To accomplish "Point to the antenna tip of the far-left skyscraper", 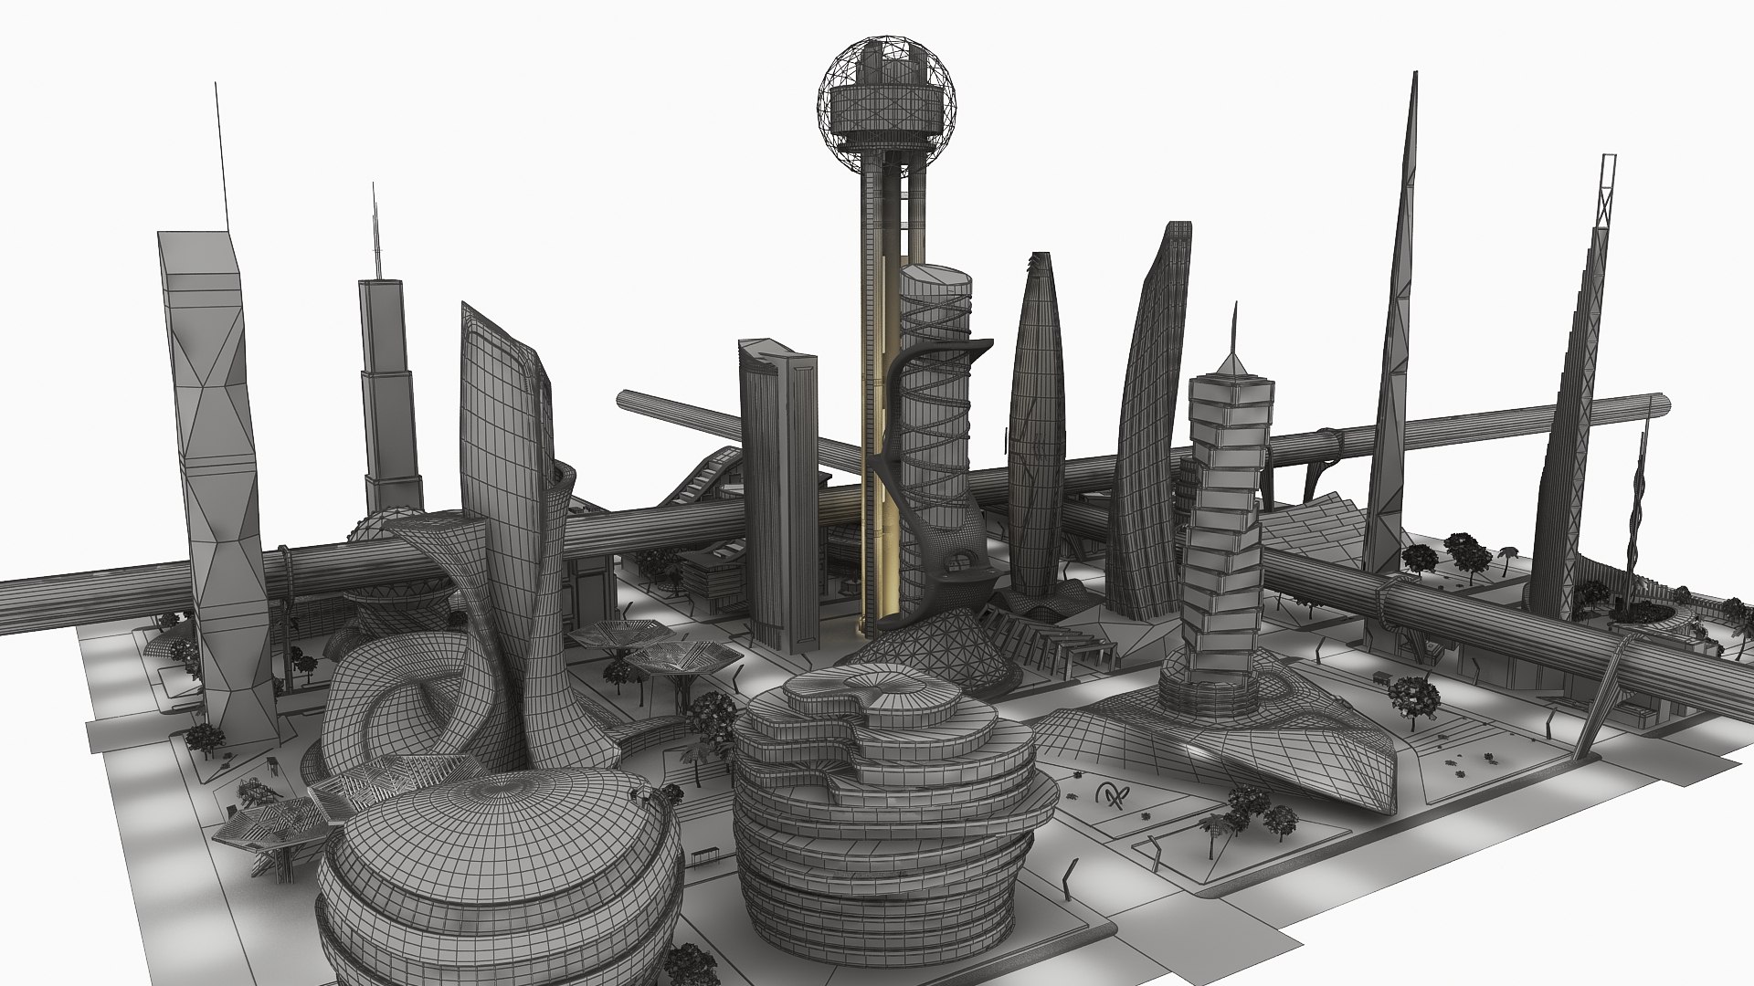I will (x=217, y=87).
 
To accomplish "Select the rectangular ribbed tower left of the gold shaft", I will (x=777, y=493).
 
